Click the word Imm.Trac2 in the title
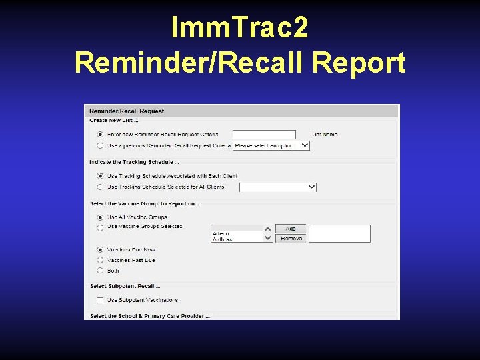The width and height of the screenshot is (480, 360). point(239,28)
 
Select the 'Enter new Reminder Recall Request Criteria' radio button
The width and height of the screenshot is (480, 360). point(100,134)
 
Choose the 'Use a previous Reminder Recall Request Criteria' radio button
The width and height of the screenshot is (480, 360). point(100,145)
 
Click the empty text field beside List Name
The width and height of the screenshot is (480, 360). point(264,135)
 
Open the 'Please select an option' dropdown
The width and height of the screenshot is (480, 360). point(271,145)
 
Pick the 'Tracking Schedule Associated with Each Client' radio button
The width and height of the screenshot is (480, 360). point(100,176)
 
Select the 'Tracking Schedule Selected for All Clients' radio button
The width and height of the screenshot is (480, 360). point(100,187)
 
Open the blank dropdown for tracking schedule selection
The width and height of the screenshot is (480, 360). point(277,187)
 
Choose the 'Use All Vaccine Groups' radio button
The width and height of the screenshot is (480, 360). point(100,217)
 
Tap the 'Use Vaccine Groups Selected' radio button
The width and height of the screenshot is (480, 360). point(100,227)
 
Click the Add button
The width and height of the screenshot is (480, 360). point(291,229)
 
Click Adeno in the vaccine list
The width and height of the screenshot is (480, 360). point(221,233)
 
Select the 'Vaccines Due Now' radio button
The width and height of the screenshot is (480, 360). point(100,250)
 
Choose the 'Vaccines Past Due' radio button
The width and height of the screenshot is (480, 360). point(100,260)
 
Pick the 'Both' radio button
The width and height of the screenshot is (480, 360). point(100,271)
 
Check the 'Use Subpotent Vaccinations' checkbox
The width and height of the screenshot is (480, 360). point(100,301)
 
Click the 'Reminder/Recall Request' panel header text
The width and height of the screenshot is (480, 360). point(127,111)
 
